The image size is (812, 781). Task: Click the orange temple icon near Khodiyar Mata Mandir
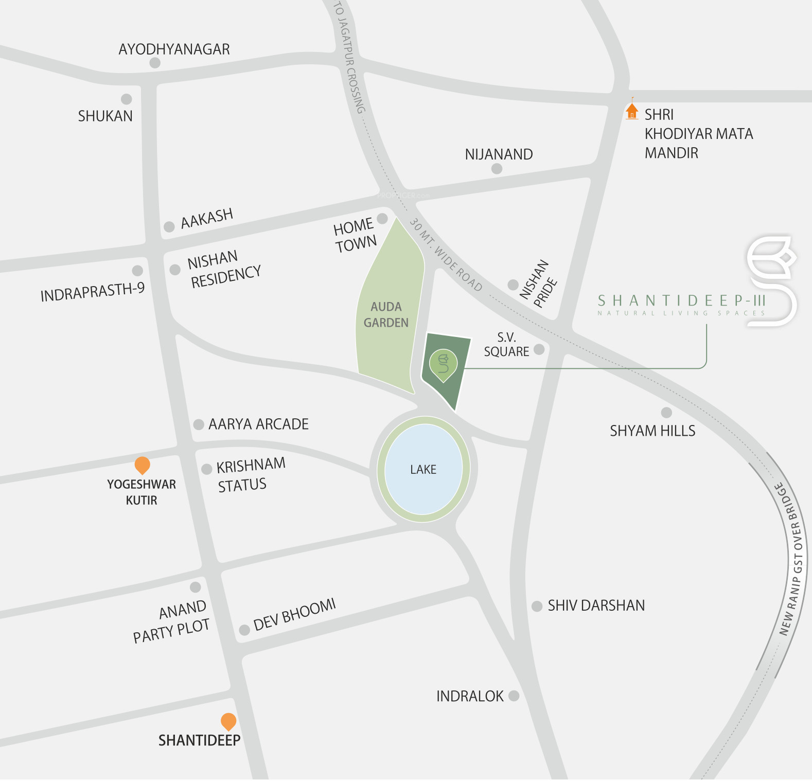(632, 111)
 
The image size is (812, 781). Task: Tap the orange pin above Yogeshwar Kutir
(142, 465)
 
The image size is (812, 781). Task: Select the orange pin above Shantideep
(228, 721)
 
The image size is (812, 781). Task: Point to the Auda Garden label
(386, 314)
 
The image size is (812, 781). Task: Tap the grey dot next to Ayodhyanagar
(155, 63)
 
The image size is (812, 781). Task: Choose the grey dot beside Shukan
(127, 99)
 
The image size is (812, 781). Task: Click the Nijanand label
(499, 154)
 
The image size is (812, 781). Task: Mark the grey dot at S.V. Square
(539, 349)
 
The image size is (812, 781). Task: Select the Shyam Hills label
(652, 431)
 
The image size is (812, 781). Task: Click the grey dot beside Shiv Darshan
(537, 606)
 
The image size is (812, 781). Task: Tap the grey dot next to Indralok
(514, 696)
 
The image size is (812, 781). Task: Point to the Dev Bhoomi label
(294, 615)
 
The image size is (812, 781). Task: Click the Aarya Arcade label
(258, 424)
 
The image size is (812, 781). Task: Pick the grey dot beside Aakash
(169, 226)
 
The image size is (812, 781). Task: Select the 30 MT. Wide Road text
(446, 255)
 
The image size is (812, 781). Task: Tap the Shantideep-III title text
(681, 300)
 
